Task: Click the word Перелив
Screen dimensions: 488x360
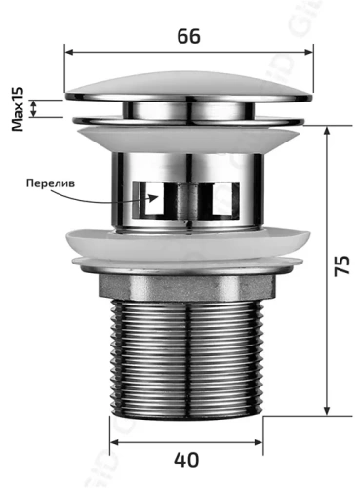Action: [52, 184]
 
